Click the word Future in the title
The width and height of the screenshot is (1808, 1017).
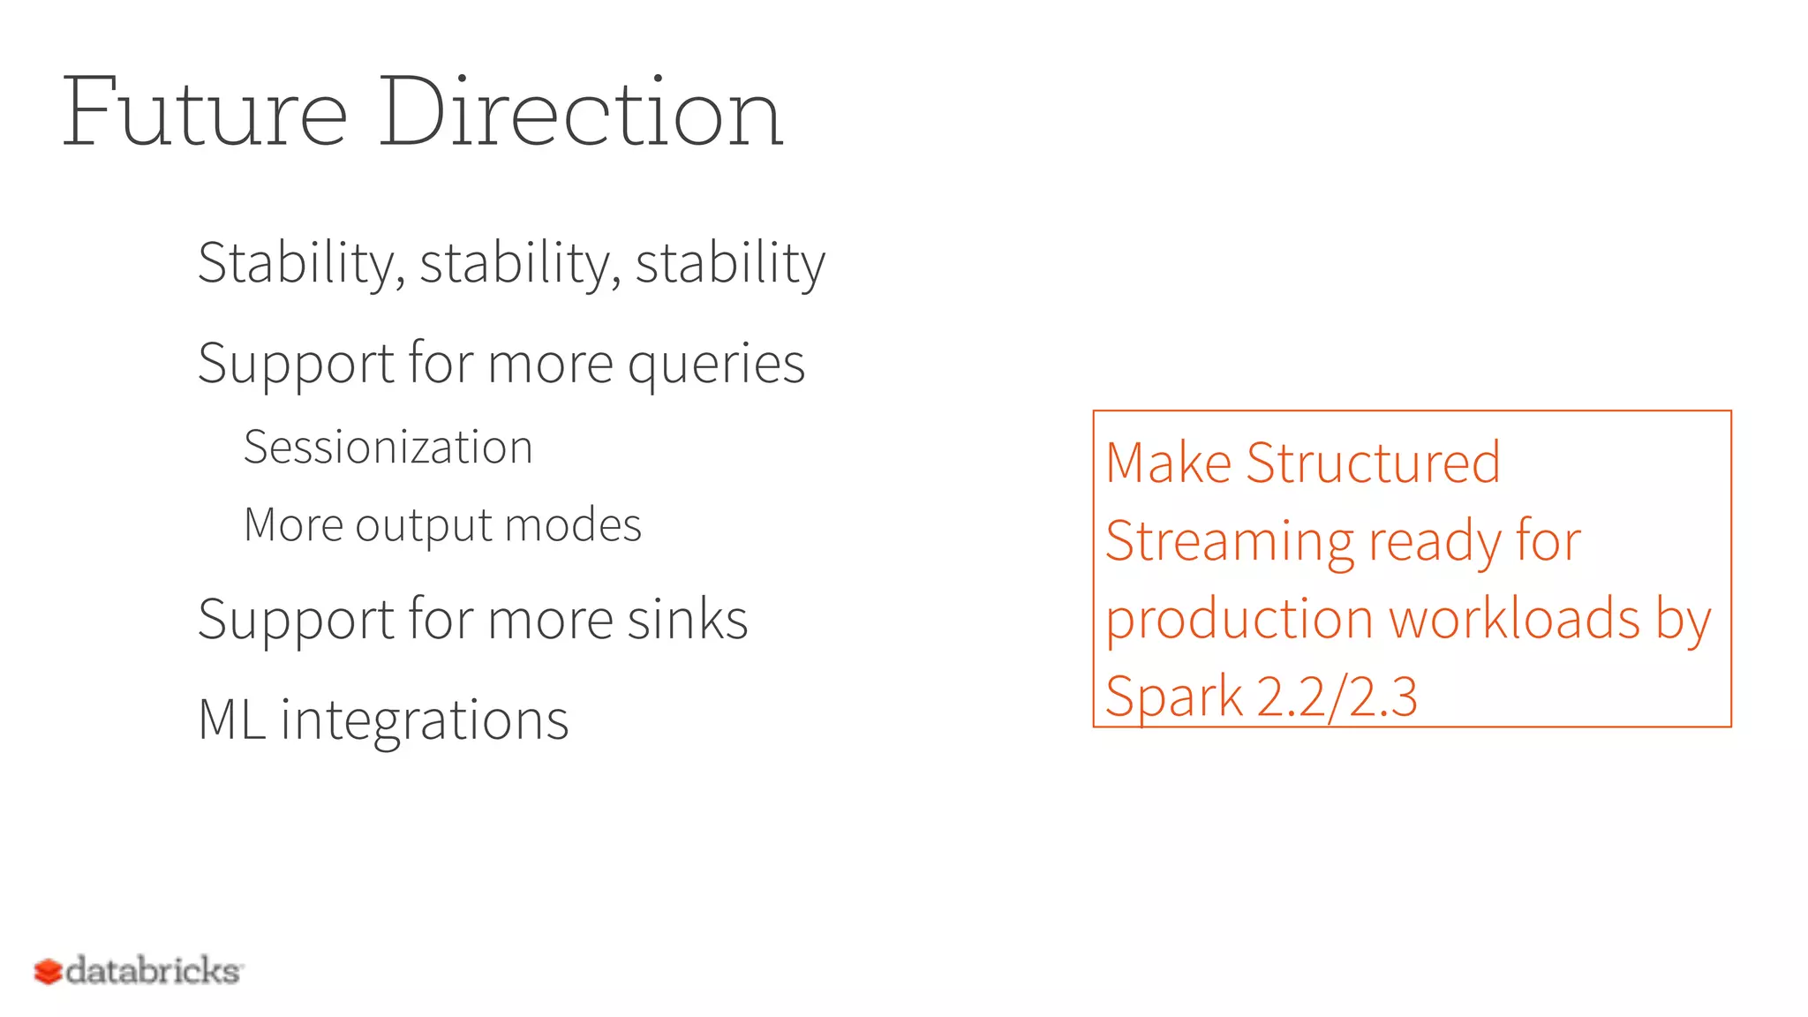(205, 113)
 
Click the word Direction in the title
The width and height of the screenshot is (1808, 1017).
(581, 113)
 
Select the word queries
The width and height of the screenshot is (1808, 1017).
(716, 364)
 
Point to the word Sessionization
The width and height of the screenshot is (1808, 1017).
(388, 447)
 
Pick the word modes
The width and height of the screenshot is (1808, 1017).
(573, 525)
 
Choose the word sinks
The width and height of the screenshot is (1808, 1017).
(688, 619)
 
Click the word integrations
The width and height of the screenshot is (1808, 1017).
(425, 719)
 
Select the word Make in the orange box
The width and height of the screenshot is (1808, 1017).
(1168, 463)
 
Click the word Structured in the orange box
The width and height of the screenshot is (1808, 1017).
(1373, 463)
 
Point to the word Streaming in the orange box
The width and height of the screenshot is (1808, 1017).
(1229, 542)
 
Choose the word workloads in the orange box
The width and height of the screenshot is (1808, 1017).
(1515, 618)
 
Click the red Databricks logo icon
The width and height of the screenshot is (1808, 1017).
(48, 972)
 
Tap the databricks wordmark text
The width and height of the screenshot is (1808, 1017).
(154, 971)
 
